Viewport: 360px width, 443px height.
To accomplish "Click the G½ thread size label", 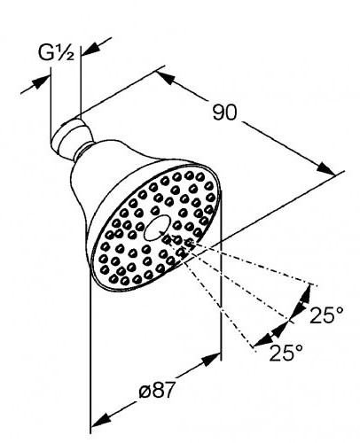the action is point(56,53).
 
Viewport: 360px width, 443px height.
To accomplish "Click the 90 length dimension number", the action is point(225,113).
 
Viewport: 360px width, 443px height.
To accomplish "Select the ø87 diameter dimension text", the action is point(157,390).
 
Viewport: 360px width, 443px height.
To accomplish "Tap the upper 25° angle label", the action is point(326,315).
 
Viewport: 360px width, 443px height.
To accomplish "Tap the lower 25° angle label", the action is point(286,353).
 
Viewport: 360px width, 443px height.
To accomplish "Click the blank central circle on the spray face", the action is point(157,228).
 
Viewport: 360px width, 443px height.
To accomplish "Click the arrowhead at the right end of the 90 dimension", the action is point(326,168).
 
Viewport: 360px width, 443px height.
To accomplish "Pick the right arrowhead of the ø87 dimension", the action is point(211,360).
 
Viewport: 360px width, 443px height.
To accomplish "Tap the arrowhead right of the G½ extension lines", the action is point(90,49).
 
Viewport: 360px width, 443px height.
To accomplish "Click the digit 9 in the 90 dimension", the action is point(219,113).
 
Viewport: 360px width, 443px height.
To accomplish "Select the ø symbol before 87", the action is point(145,392).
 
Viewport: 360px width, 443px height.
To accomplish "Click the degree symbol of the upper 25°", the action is point(340,311).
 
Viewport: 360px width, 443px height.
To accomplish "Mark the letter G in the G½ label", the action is point(46,53).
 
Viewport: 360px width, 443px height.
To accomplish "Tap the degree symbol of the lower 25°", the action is point(299,348).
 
